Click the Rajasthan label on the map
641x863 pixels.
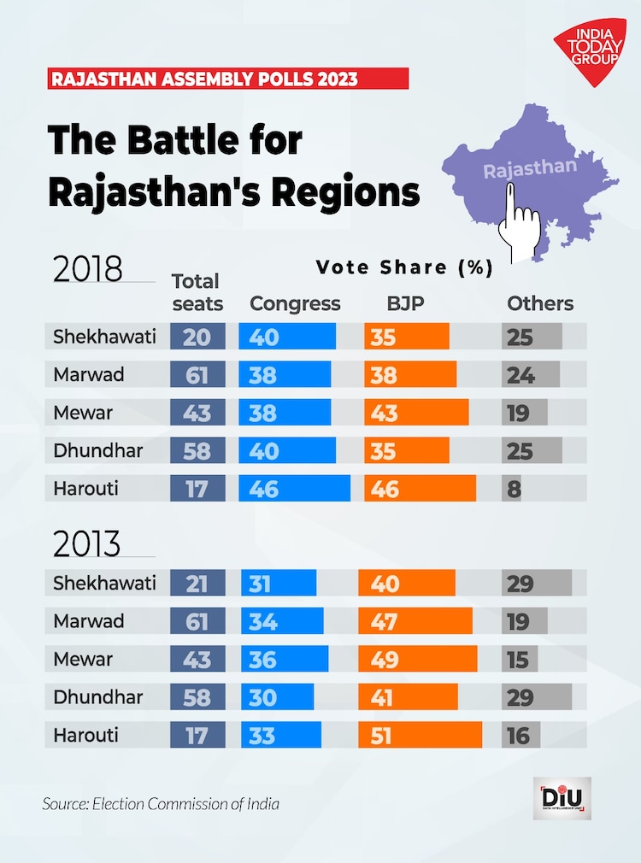pos(530,167)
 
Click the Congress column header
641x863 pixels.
pos(295,303)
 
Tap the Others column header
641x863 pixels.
pos(540,303)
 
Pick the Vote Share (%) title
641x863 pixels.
pos(404,267)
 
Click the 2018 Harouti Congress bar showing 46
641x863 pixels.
pos(295,488)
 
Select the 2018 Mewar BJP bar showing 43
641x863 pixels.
pos(416,412)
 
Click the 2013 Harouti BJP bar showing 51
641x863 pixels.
pos(420,735)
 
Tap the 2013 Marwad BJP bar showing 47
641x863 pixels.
pos(415,621)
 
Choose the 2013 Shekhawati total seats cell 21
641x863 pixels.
pos(197,584)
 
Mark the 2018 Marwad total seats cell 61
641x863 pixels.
pos(197,374)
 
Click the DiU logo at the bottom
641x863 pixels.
pos(562,798)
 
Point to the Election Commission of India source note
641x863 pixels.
pos(161,804)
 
